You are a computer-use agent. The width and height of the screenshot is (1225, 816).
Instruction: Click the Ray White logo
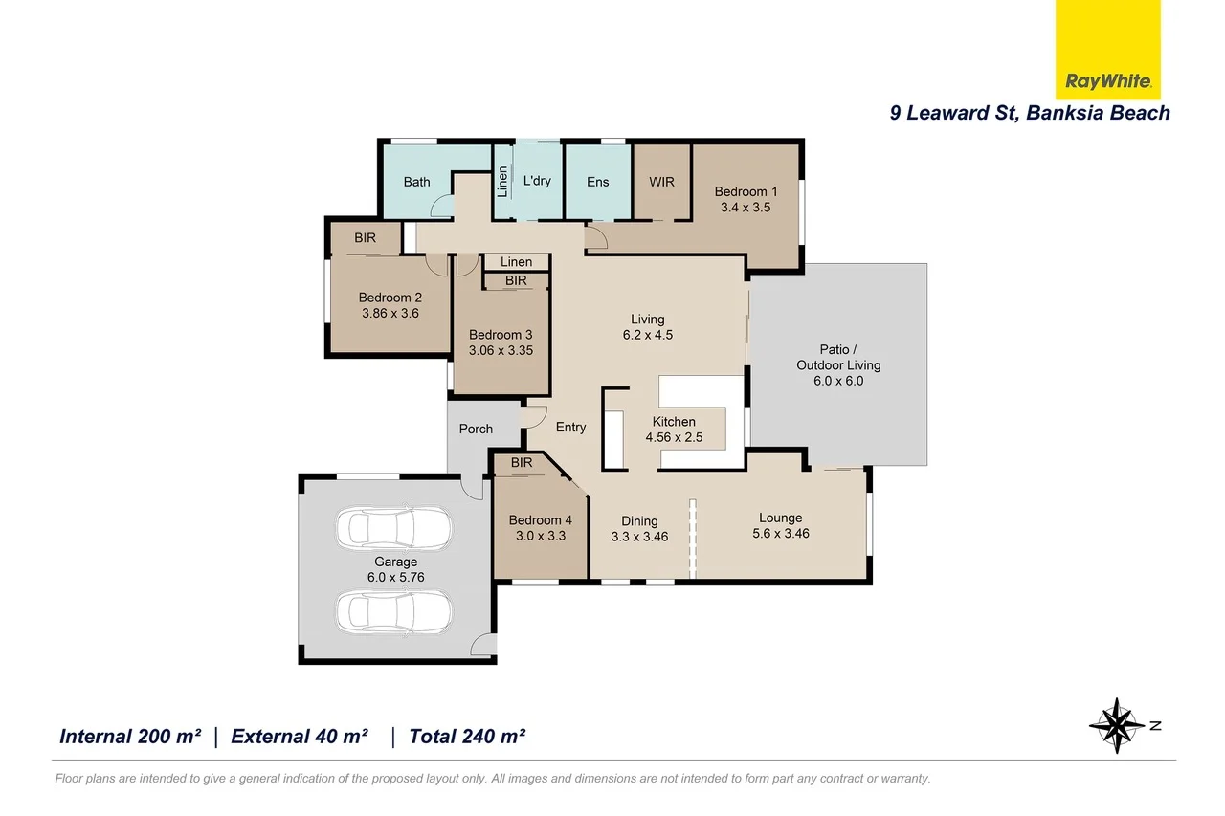pyautogui.click(x=1107, y=81)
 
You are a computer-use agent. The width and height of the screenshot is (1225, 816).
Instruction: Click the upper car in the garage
pyautogui.click(x=394, y=527)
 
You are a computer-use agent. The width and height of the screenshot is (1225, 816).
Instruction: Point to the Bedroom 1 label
pyautogui.click(x=746, y=191)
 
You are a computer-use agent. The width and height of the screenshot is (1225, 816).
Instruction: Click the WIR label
pyautogui.click(x=661, y=182)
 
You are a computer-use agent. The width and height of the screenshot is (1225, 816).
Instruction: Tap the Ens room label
pyautogui.click(x=597, y=182)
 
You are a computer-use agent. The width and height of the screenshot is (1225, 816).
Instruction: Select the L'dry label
pyautogui.click(x=537, y=181)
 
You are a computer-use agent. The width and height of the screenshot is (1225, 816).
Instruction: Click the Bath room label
pyautogui.click(x=416, y=182)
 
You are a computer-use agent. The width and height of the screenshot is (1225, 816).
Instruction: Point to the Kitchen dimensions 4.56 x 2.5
pyautogui.click(x=674, y=437)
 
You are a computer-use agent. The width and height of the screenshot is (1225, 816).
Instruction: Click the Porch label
pyautogui.click(x=476, y=429)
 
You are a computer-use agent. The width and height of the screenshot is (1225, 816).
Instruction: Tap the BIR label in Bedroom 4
pyautogui.click(x=522, y=463)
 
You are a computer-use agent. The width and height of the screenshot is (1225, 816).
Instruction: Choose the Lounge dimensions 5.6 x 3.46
pyautogui.click(x=780, y=533)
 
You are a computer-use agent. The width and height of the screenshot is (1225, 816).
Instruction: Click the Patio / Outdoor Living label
pyautogui.click(x=837, y=357)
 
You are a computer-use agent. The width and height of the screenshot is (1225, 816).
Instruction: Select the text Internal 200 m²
pyautogui.click(x=130, y=737)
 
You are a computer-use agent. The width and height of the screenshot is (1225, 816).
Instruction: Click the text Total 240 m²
pyautogui.click(x=467, y=737)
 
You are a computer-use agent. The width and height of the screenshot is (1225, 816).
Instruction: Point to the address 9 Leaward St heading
pyautogui.click(x=1030, y=113)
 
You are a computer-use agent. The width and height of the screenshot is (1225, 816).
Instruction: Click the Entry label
pyautogui.click(x=570, y=427)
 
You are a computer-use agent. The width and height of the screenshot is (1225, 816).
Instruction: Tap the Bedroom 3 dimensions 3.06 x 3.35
pyautogui.click(x=501, y=350)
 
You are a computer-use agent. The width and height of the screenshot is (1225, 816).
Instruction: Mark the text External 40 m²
pyautogui.click(x=300, y=737)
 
